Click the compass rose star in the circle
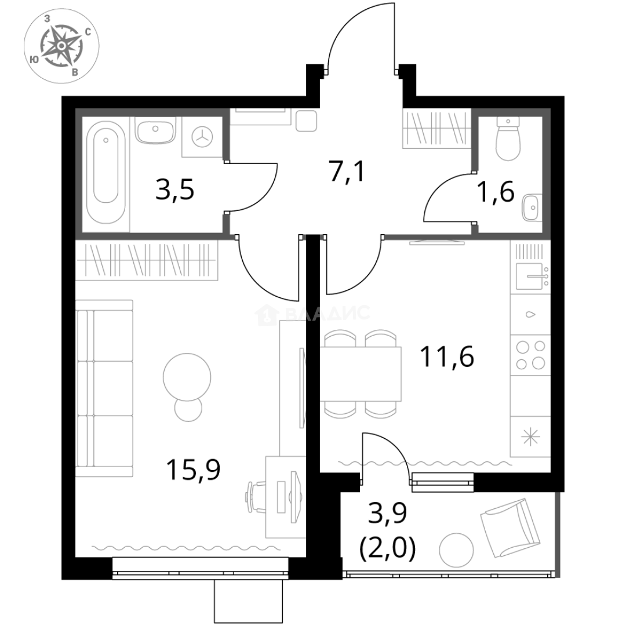tap(61, 45)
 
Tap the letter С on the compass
tap(88, 32)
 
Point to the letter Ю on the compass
tap(34, 59)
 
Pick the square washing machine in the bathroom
tap(201, 137)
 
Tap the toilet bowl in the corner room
tap(508, 142)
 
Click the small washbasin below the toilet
tap(530, 206)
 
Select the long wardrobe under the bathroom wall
tap(150, 261)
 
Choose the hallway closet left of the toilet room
tap(434, 132)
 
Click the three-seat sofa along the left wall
tap(105, 389)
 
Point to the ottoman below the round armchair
tap(188, 410)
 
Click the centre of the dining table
tap(362, 373)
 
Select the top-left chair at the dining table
tap(340, 337)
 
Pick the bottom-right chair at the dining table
tap(380, 411)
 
